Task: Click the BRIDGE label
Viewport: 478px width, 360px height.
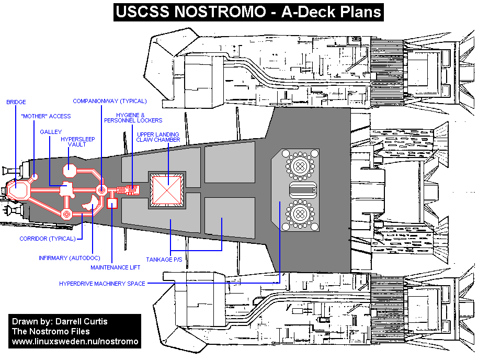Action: pos(16,102)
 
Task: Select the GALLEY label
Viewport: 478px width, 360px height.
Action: pos(51,132)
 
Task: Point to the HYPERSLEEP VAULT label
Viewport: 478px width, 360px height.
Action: pos(73,142)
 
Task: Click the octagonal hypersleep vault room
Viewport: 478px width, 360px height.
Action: pos(70,170)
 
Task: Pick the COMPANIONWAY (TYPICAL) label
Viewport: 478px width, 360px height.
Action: pos(110,101)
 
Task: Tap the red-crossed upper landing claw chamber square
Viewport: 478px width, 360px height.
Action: pos(167,189)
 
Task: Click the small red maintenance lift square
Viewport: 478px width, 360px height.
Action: pos(112,203)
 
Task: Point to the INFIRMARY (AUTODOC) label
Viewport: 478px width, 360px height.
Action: pos(69,258)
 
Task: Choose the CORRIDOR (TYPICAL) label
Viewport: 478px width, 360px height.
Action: pos(48,239)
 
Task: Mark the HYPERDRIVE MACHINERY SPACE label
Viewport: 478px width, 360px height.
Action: pos(102,284)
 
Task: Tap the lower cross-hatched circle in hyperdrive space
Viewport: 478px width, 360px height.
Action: pos(300,213)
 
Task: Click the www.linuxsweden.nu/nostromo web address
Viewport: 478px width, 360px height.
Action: pos(75,342)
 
